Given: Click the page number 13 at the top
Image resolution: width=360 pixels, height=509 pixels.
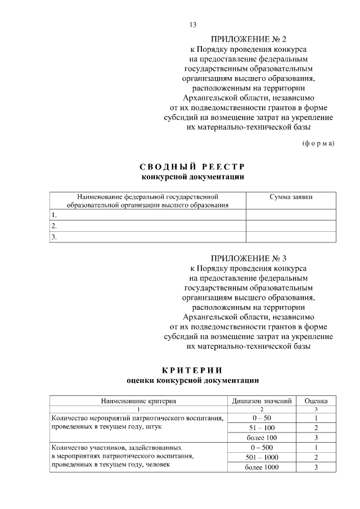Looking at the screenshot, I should pyautogui.click(x=193, y=25).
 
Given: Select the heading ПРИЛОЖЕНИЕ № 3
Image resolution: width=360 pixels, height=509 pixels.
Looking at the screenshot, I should pyautogui.click(x=249, y=259).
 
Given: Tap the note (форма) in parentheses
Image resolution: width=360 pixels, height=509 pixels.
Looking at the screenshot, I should pyautogui.click(x=318, y=143).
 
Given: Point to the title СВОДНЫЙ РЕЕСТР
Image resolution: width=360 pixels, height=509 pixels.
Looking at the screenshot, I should pyautogui.click(x=192, y=167).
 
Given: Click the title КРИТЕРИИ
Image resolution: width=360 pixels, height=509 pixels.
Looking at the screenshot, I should pyautogui.click(x=192, y=370).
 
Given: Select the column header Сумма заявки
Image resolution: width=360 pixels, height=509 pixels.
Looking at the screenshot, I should pyautogui.click(x=291, y=197).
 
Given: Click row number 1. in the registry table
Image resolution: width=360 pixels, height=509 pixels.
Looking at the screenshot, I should pyautogui.click(x=54, y=215).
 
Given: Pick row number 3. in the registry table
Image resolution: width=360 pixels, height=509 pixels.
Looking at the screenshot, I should pyautogui.click(x=54, y=237).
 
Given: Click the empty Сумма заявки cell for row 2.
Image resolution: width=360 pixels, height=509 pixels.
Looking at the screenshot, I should pyautogui.click(x=291, y=226).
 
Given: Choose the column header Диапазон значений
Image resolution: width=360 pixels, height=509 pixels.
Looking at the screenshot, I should pyautogui.click(x=262, y=401).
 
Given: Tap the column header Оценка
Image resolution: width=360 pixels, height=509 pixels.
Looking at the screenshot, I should pyautogui.click(x=316, y=401).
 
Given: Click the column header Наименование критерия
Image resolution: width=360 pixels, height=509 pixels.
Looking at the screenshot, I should pyautogui.click(x=139, y=401).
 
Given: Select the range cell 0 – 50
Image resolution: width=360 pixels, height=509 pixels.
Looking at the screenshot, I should pyautogui.click(x=262, y=418).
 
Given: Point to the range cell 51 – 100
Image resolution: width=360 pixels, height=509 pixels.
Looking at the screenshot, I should pyautogui.click(x=262, y=428).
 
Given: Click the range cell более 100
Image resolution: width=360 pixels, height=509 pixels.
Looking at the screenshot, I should pyautogui.click(x=262, y=438).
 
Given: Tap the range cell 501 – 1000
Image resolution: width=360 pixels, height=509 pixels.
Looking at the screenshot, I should pyautogui.click(x=262, y=457).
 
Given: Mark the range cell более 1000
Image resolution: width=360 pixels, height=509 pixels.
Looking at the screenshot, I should pyautogui.click(x=262, y=467).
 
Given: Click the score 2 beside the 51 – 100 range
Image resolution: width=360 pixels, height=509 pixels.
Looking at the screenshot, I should pyautogui.click(x=316, y=428).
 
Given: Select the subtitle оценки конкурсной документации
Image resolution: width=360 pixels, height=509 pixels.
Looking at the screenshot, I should pyautogui.click(x=192, y=381).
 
